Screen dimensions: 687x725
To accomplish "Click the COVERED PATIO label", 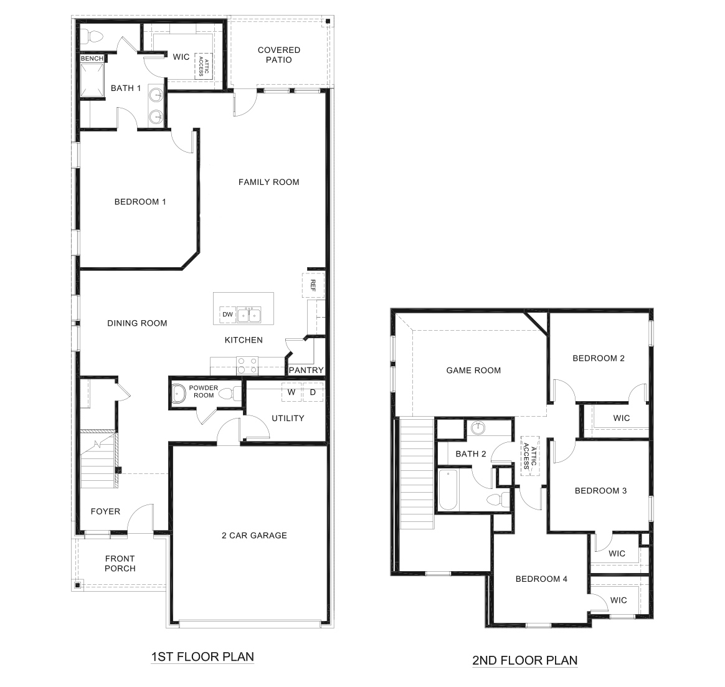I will pos(278,55).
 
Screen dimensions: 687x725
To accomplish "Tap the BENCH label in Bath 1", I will pos(92,59).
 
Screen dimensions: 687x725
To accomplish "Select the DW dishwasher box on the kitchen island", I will pos(227,315).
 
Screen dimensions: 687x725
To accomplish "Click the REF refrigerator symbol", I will pos(313,285).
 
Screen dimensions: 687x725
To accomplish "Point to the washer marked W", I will pos(291,392).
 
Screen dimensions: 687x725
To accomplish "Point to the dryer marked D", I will pos(313,392).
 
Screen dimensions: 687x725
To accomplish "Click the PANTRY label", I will pos(306,371).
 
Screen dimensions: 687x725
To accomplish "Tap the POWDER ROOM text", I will pos(204,391).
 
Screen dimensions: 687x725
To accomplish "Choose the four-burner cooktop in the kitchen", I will pos(247,365).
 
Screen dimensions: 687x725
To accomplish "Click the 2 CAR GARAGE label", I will pos(254,535).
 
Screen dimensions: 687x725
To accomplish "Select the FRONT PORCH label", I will pos(120,563).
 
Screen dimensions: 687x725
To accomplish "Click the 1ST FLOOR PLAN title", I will pos(202,656).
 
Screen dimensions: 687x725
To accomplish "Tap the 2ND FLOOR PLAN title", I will pos(524,660).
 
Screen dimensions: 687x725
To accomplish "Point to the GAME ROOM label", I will pos(473,371).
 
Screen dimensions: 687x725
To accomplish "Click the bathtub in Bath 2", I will pos(449,490).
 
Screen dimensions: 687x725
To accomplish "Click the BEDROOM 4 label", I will pos(541,579).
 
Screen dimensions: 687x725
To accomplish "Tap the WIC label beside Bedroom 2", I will pos(621,418).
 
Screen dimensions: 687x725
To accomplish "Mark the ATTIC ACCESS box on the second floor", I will pos(529,455).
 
